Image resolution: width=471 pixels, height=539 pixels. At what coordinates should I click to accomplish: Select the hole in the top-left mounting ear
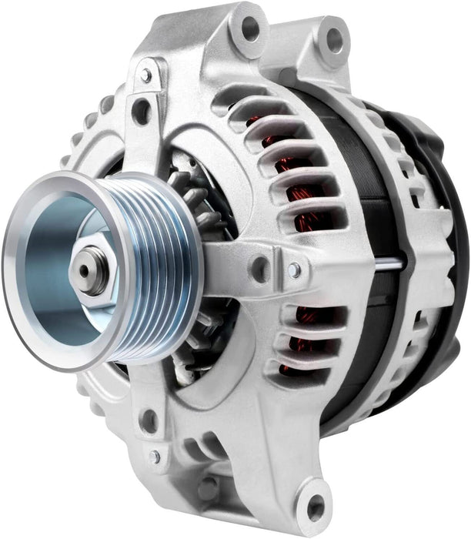tap(251, 28)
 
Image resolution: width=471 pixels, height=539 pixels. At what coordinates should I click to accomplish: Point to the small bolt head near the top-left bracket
tap(145, 75)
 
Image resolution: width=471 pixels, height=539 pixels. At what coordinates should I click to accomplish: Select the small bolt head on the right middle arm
tap(294, 269)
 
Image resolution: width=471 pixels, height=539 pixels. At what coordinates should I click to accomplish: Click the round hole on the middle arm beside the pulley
tap(260, 269)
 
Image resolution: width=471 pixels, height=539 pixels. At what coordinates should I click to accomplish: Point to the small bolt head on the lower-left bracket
tap(155, 456)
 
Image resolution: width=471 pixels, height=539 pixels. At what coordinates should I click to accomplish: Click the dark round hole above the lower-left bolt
tap(149, 421)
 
